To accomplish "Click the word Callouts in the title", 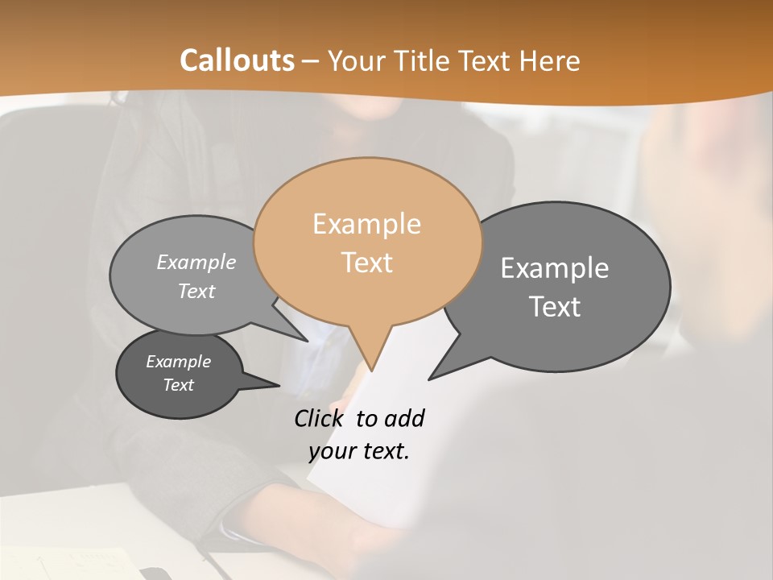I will (237, 60).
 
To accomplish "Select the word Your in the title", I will (356, 60).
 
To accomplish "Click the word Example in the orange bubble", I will (366, 224).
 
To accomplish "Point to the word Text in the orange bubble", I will (367, 263).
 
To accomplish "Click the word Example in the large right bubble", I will (555, 268).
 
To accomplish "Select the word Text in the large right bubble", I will (556, 307).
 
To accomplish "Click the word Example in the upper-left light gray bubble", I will (196, 262).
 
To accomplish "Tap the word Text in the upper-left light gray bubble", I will (196, 291).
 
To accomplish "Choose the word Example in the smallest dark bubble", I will (178, 362).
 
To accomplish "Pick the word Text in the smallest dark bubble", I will (178, 385).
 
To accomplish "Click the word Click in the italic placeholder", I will (319, 418).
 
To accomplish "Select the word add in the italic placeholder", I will (404, 418).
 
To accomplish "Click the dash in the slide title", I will (312, 60).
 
